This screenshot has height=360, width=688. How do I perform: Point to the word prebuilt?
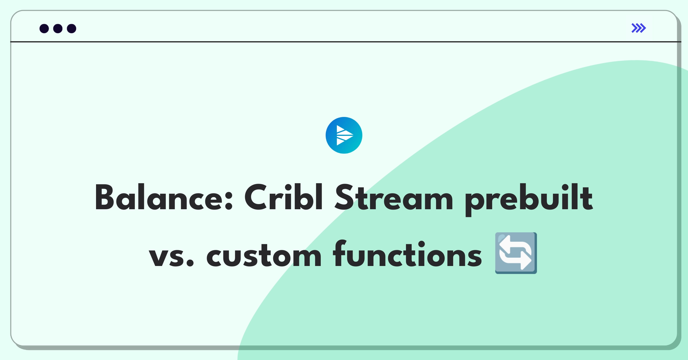tap(529, 200)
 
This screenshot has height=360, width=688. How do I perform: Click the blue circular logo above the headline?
tap(344, 135)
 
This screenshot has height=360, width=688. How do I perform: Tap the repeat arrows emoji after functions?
tap(516, 253)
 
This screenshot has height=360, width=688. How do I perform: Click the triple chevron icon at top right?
tap(639, 28)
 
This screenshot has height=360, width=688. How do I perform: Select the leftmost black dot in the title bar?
tap(44, 29)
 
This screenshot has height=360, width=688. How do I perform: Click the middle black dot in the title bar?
tap(58, 29)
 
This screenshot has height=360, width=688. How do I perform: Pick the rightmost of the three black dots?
tap(72, 29)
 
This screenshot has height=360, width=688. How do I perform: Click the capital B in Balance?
tap(105, 197)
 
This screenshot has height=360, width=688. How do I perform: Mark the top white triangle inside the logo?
tap(341, 129)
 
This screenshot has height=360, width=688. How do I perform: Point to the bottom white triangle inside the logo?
tap(341, 142)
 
